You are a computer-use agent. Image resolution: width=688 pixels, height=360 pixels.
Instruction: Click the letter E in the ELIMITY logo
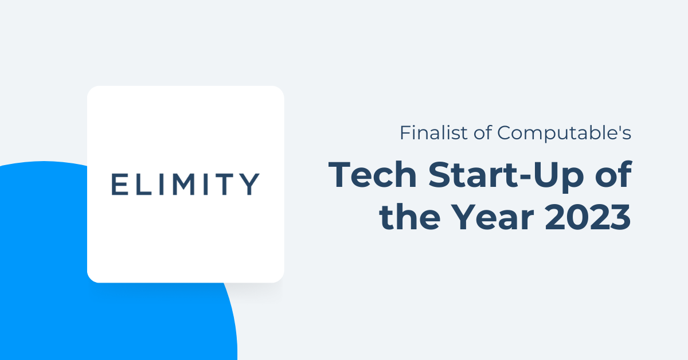120,184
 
